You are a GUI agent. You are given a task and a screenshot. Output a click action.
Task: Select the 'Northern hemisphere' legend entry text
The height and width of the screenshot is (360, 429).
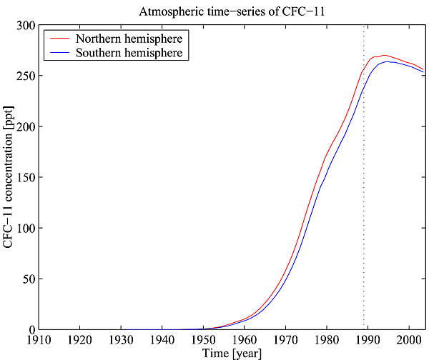131,37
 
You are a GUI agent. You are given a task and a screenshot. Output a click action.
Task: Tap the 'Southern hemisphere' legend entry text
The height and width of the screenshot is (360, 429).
131,52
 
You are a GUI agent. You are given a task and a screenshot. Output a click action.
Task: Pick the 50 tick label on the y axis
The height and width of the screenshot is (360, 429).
27,279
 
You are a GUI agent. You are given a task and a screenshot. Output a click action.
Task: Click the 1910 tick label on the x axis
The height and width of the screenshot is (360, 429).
38,338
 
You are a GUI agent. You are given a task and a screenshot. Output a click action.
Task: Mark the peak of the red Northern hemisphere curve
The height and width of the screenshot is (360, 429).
384,55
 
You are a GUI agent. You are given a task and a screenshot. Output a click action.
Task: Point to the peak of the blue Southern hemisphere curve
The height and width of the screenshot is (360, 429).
387,61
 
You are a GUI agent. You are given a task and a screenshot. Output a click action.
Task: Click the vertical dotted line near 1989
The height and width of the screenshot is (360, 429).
364,179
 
